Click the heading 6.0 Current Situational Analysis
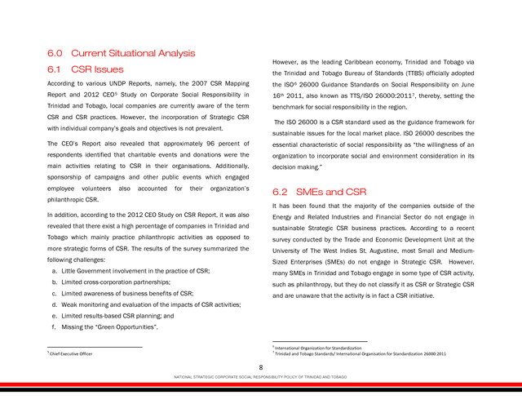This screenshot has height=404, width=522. [x=122, y=53]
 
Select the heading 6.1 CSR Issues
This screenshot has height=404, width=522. [x=86, y=69]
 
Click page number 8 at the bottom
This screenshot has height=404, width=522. [x=260, y=367]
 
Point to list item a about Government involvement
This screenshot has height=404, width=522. [x=130, y=269]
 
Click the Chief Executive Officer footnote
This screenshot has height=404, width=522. [x=70, y=353]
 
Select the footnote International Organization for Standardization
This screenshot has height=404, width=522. [x=318, y=348]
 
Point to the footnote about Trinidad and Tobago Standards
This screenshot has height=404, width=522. [x=360, y=354]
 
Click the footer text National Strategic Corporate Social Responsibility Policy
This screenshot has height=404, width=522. [x=260, y=377]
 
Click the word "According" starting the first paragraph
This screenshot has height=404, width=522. [x=64, y=84]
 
